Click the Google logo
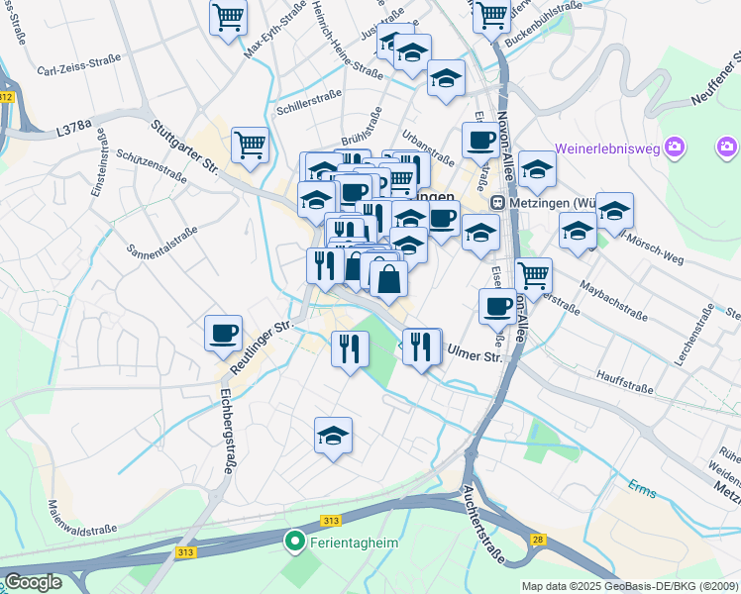point(33,581)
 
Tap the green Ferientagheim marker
point(294,542)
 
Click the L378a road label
point(73,128)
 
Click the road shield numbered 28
point(537,539)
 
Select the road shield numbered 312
point(7,96)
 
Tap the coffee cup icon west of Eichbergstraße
point(223,333)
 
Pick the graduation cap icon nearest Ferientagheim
point(334,436)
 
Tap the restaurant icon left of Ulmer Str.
point(422,346)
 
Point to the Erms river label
point(641,486)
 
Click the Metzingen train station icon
point(500,203)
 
